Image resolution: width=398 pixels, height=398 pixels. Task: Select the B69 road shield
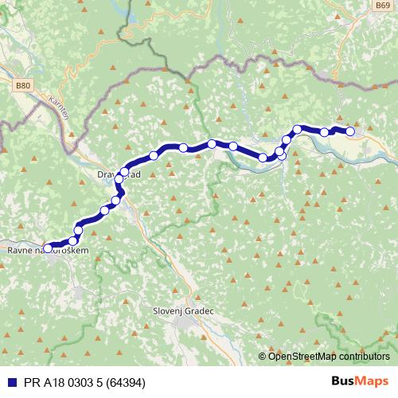pos(383,5)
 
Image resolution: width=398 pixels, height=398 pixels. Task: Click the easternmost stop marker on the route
pos(349,132)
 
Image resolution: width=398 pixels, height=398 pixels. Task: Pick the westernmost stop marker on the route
pos(48,248)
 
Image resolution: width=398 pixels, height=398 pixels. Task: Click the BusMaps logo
pos(360,380)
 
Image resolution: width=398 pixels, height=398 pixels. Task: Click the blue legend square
pos(9,381)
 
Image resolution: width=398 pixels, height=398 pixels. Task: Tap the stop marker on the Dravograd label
pos(124,172)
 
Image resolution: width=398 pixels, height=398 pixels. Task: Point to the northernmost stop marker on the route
pos(298,129)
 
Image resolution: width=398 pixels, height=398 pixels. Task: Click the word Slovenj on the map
pos(170,311)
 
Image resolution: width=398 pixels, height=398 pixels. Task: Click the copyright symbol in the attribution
pos(263,356)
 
